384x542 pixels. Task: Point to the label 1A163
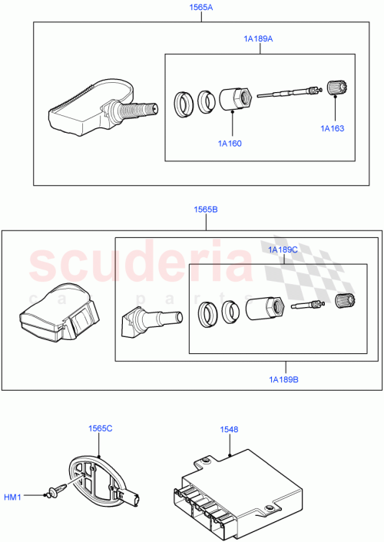[x=333, y=129]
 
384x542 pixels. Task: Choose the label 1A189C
[x=283, y=250]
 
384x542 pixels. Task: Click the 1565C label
[x=100, y=428]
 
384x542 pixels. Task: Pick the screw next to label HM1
[x=53, y=495]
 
